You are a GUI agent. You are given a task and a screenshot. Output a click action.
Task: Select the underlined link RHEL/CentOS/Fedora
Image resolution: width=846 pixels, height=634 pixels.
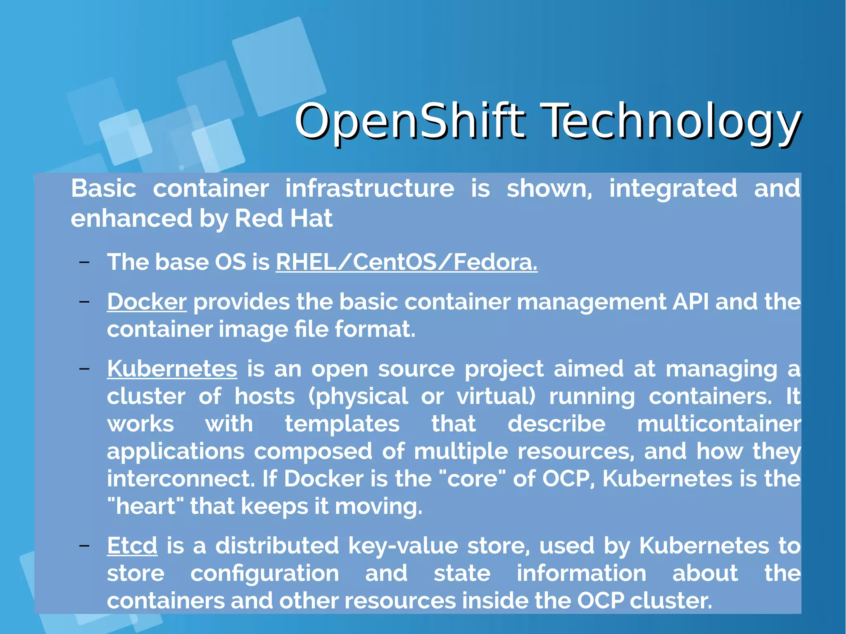[x=406, y=262]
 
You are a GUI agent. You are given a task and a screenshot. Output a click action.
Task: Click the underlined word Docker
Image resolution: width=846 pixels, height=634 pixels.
[x=147, y=302]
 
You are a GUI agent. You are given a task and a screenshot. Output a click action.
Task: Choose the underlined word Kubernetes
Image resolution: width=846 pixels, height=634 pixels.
[x=172, y=368]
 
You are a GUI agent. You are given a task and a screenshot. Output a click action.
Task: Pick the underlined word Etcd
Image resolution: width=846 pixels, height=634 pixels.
[x=132, y=545]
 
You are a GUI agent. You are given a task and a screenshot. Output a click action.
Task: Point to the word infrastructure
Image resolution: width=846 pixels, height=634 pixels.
[x=370, y=188]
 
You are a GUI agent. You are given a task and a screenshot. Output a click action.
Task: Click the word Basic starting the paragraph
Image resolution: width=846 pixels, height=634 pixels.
[x=103, y=188]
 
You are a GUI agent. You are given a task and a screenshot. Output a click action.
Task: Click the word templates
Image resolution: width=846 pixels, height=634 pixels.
[x=342, y=424]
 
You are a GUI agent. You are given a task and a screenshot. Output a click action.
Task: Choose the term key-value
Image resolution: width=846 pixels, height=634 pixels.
[x=403, y=545]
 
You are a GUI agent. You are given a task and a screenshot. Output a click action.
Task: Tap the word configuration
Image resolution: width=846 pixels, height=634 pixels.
[x=264, y=573]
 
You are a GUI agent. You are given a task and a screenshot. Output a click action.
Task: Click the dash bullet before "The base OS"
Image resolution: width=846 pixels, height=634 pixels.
[x=85, y=262]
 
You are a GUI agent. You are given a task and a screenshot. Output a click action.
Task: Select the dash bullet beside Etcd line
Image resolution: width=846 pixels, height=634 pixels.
[x=85, y=545]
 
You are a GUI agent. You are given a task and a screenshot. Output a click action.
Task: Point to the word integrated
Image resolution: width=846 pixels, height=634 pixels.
[x=673, y=188]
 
